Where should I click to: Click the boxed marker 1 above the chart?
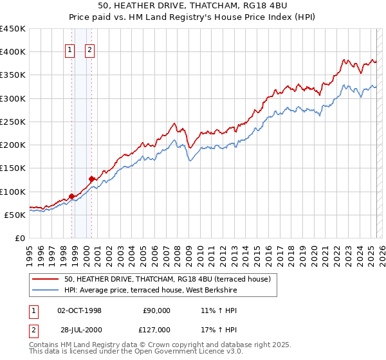tap(69, 51)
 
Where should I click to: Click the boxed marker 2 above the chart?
tap(89, 51)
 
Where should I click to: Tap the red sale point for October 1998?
tap(71, 196)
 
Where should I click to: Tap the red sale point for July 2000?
tap(92, 179)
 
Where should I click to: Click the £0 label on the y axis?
tap(20, 238)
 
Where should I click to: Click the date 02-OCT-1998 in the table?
tap(80, 310)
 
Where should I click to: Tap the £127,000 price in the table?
tap(155, 330)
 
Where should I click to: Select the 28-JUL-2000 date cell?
tap(80, 330)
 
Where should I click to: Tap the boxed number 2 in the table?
tap(33, 330)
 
